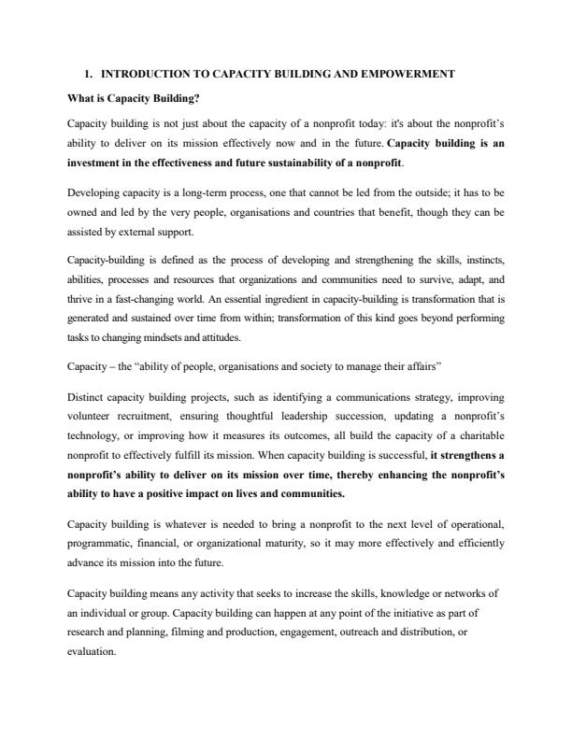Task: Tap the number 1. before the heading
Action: [x=88, y=73]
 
